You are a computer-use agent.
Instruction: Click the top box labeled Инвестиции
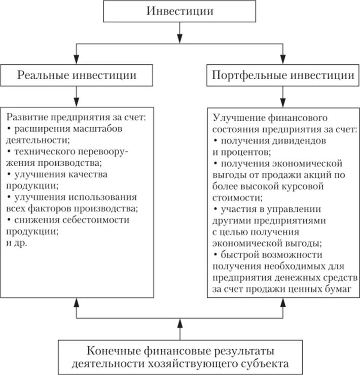click(x=179, y=12)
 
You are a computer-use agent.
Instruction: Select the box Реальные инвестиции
click(x=77, y=76)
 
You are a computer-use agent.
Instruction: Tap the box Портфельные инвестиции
click(x=282, y=76)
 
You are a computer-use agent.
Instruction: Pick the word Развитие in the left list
click(x=26, y=118)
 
